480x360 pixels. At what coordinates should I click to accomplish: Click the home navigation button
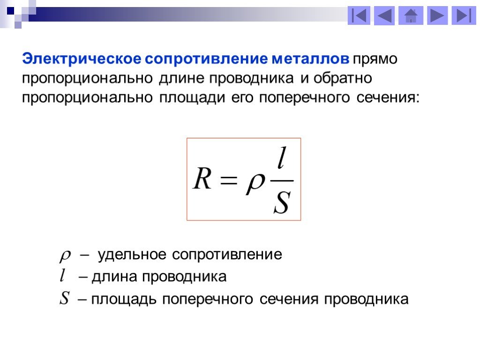[411, 15]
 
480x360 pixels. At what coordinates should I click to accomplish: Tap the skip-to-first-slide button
[359, 15]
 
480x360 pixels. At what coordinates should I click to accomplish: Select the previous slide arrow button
[384, 15]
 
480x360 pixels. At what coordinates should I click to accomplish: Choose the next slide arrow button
[437, 15]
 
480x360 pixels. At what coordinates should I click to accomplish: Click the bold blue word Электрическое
[82, 59]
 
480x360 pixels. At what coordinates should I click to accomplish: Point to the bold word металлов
[310, 59]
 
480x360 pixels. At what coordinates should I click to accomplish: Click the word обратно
[343, 78]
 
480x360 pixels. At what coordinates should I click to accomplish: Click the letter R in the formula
[202, 178]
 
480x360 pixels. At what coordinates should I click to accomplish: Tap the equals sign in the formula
[229, 180]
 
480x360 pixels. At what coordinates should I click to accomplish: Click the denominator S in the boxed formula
[282, 202]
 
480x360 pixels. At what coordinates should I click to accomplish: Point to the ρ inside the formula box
[255, 183]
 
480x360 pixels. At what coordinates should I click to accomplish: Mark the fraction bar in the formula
[282, 180]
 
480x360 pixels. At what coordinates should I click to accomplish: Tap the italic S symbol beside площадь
[64, 298]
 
